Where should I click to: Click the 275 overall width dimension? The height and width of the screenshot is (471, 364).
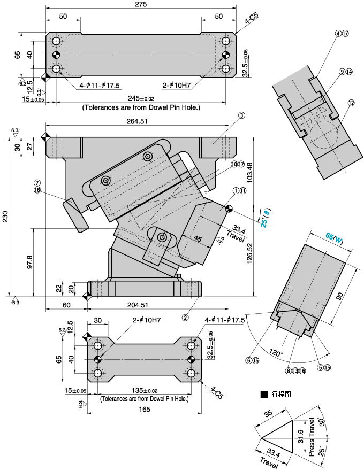coord(141,4)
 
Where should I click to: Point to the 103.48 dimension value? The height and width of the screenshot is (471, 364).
coord(259,170)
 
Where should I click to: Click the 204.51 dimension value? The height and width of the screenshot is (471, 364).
coord(138,305)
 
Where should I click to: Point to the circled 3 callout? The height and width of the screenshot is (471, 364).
coord(242,115)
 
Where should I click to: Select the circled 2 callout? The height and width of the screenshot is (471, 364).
coord(185,316)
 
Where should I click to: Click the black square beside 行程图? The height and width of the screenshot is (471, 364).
coord(264,395)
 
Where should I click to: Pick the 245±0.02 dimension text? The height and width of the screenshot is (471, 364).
coord(141,98)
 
